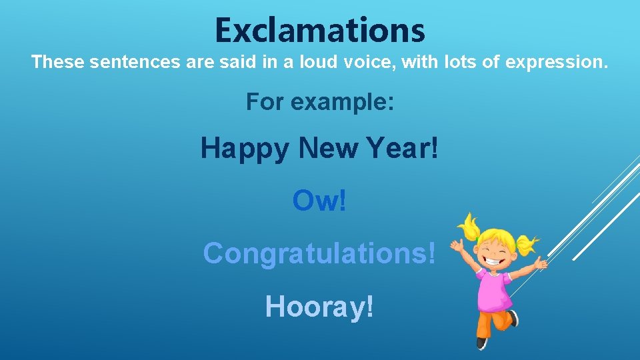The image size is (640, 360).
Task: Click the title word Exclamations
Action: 319,30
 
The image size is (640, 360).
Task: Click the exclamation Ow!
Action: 319,201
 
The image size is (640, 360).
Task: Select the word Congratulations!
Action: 319,253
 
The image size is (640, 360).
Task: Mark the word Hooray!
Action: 319,306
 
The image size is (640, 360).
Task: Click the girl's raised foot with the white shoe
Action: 513,318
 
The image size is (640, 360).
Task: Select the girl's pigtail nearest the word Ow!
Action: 470,227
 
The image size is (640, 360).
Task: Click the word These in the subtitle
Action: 57,63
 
